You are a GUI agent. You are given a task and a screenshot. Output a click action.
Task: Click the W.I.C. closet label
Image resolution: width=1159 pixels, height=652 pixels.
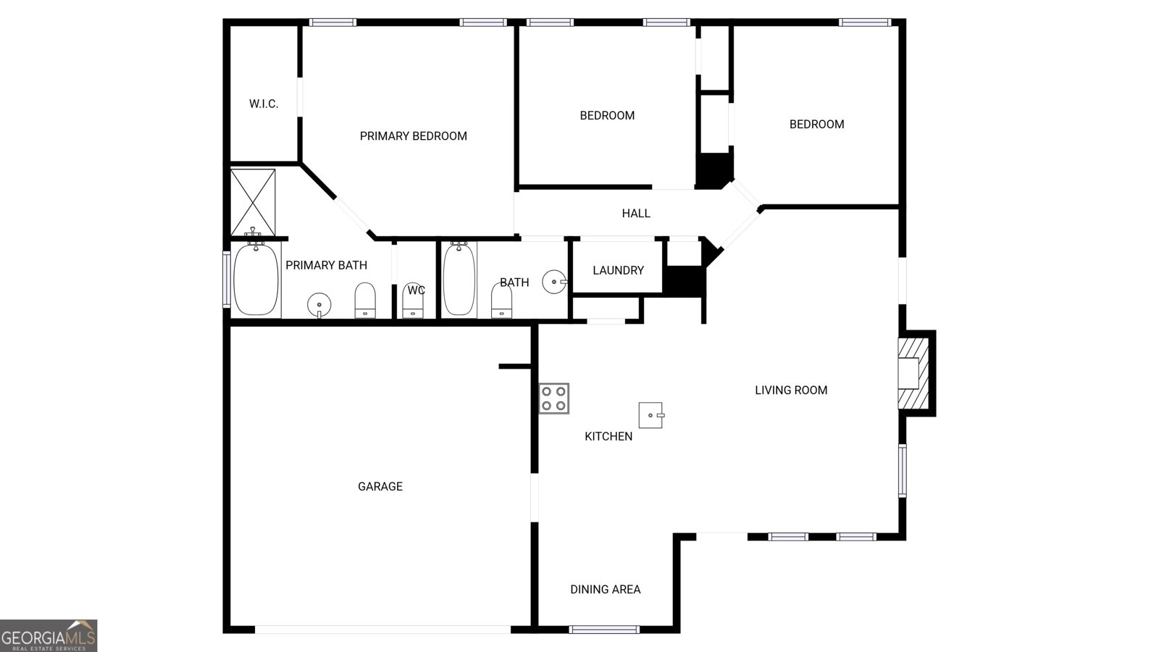264,104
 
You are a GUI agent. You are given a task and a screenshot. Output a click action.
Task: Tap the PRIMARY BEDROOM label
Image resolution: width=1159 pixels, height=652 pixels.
413,136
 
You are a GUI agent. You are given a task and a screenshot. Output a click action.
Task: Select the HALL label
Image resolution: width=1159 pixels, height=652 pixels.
636,214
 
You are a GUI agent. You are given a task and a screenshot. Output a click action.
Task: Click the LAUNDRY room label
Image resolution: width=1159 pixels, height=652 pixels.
618,270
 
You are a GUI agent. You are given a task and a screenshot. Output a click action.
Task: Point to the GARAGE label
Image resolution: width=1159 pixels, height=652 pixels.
380,487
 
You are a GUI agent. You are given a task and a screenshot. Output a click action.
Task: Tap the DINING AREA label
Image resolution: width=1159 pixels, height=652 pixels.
605,590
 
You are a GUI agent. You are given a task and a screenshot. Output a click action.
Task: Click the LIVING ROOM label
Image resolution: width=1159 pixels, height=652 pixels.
791,390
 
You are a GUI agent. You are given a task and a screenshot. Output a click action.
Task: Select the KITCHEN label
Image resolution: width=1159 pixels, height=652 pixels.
608,436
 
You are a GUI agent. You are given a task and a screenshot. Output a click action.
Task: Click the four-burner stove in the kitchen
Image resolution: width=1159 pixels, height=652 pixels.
553,398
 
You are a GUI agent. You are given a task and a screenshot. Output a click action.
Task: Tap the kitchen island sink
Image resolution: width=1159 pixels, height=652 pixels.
650,415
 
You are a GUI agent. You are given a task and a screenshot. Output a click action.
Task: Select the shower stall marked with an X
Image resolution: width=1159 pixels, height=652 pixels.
253,202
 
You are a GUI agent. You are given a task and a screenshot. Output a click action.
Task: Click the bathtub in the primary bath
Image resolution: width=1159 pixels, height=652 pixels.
256,279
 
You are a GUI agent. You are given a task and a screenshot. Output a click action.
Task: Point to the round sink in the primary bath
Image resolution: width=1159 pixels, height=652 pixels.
319,304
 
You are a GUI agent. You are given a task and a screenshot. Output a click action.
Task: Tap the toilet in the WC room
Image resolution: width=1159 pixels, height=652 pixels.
413,300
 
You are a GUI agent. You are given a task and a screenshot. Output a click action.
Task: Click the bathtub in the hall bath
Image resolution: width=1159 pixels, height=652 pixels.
459,279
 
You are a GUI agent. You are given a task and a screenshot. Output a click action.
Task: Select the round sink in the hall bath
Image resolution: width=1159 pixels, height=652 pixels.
554,282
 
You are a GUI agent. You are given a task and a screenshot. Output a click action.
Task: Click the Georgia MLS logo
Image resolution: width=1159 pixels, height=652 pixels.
49,636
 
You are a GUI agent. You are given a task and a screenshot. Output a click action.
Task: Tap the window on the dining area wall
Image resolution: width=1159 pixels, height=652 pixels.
604,629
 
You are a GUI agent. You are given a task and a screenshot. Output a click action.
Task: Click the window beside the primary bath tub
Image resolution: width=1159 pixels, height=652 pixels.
227,279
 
